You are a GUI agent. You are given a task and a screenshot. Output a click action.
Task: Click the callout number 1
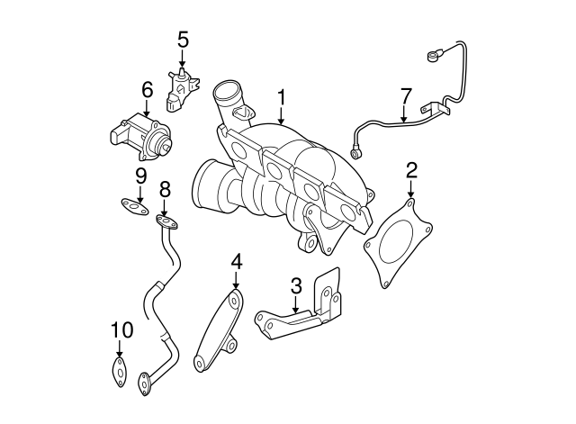click(282, 95)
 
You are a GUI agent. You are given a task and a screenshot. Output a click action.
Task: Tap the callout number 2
click(411, 169)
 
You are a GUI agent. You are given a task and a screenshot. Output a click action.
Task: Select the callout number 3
click(295, 287)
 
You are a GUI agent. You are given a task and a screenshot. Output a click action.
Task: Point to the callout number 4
click(237, 262)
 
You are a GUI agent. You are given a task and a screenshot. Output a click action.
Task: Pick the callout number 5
click(183, 39)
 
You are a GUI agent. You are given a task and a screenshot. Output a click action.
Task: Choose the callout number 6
click(147, 90)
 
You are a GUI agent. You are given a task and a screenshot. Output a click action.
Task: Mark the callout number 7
click(406, 95)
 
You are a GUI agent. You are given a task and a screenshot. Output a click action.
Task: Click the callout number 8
click(165, 190)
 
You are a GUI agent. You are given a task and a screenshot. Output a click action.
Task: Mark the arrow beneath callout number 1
click(282, 117)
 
